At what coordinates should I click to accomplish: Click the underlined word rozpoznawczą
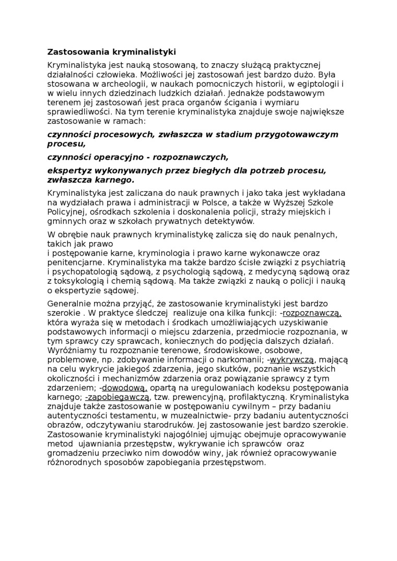click(x=312, y=313)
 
